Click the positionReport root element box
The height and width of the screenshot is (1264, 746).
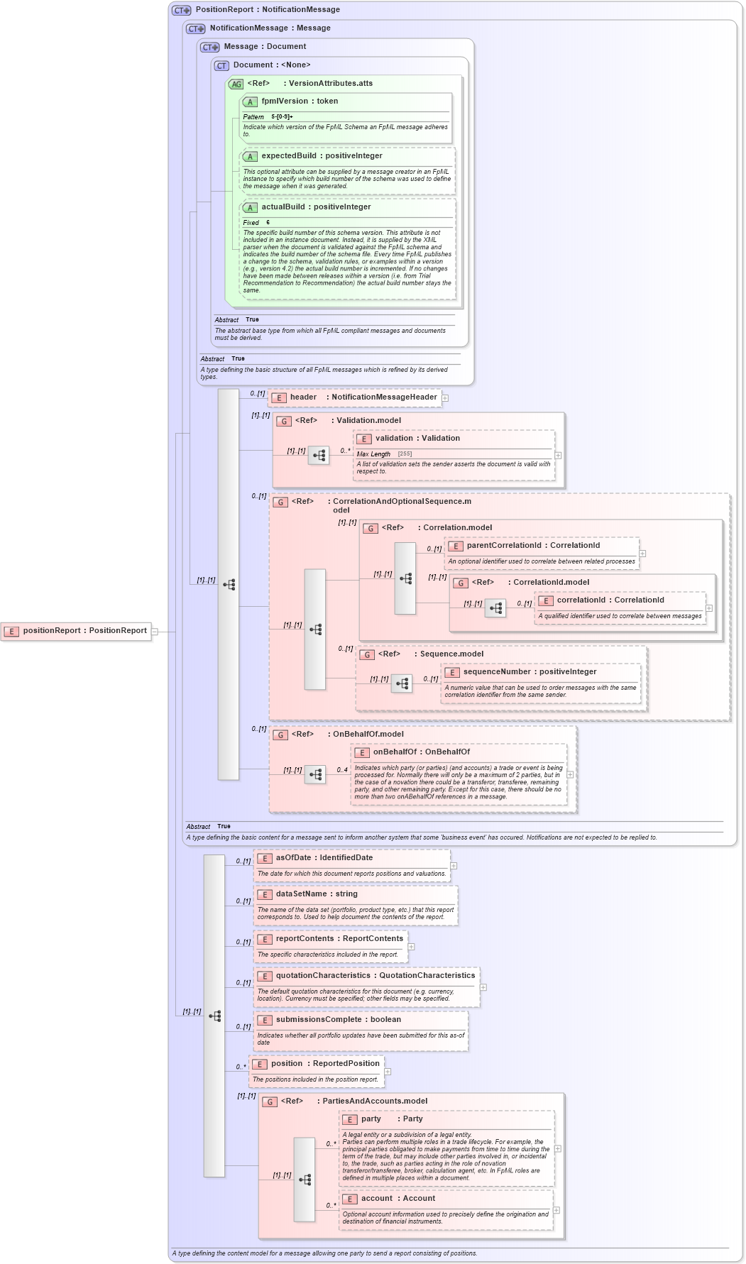[77, 630]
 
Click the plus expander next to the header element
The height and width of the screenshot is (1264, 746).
[445, 398]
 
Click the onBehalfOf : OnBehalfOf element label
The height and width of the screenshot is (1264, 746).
[421, 752]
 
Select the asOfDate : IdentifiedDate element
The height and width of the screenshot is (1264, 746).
[324, 858]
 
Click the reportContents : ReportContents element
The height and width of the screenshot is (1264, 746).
[339, 939]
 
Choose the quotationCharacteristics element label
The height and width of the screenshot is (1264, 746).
[375, 976]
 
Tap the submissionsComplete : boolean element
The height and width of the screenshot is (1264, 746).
[338, 1020]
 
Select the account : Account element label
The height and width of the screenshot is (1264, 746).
[397, 1199]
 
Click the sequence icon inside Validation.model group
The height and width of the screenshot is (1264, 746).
[319, 455]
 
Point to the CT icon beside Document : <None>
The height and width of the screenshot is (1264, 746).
[221, 66]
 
